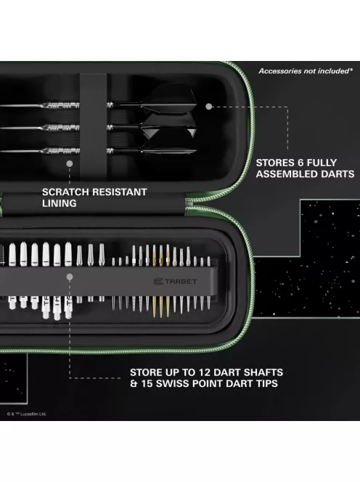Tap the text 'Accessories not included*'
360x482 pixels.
(306, 70)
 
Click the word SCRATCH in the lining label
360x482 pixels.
(66, 192)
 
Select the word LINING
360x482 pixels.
(58, 204)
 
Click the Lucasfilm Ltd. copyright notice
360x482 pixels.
(27, 414)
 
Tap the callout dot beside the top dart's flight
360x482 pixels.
(209, 106)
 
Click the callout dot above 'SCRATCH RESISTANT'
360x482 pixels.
(70, 165)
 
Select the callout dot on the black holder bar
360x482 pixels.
(70, 287)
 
